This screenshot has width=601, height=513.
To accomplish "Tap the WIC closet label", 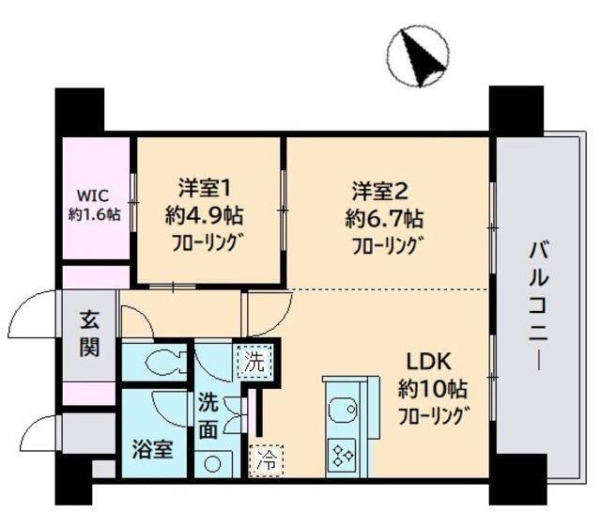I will coord(94,197).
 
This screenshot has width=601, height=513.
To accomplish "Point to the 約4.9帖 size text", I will coord(204,216).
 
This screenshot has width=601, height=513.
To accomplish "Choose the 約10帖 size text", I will coord(432,388).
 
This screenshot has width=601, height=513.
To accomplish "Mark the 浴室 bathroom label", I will coord(150,449).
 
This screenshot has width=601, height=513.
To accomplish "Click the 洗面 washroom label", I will coord(208,417).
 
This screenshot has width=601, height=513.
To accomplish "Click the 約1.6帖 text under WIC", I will coord(94,214).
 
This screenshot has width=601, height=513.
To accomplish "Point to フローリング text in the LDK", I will coord(433,415).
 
